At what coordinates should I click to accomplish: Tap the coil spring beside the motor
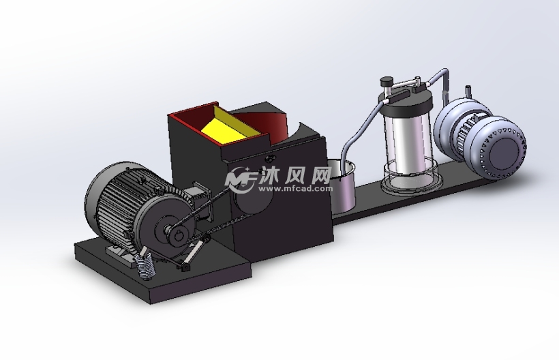click(x=145, y=267)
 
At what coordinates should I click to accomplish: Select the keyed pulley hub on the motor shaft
click(x=177, y=236)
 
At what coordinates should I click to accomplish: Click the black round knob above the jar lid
click(x=386, y=82)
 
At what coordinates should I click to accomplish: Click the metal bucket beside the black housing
click(x=342, y=186)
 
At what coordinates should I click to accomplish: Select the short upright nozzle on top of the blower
click(x=468, y=91)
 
